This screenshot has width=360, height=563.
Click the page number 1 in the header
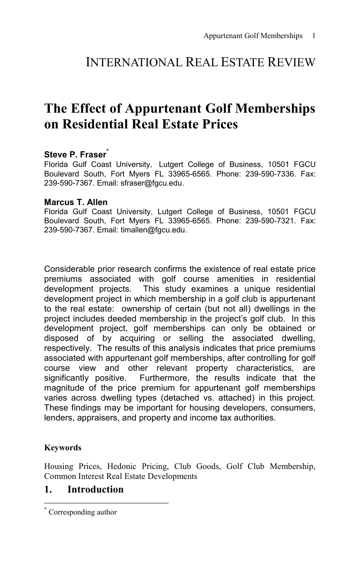click(x=314, y=36)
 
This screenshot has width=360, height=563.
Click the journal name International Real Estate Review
click(x=201, y=63)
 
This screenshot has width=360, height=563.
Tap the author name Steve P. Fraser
click(x=75, y=155)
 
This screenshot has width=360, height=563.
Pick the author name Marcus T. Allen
click(x=76, y=202)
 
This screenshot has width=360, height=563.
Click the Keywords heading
click(x=63, y=448)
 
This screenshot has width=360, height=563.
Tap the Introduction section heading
click(x=95, y=489)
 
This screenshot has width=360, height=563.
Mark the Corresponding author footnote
click(x=82, y=512)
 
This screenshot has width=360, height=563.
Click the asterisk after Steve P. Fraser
click(x=108, y=150)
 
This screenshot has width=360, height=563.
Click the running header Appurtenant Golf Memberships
click(x=253, y=36)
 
